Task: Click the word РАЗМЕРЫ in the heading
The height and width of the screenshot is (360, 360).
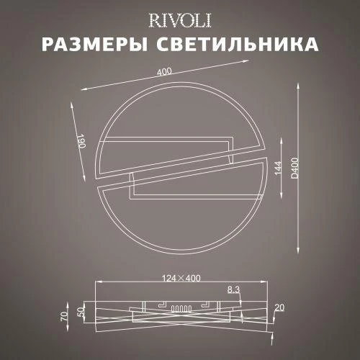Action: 95,45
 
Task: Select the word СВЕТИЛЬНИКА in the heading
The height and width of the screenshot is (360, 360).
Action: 238,45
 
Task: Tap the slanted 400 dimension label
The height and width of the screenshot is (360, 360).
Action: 165,73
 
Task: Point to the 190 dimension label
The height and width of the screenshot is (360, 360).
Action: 81,142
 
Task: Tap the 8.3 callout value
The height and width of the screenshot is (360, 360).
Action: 233,290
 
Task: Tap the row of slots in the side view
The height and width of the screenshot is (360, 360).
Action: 179,309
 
